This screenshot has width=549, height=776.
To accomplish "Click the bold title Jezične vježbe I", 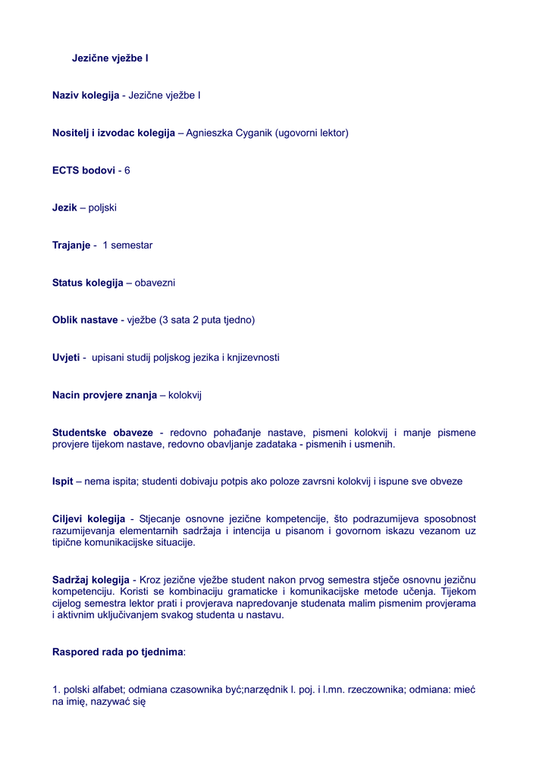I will (x=110, y=58).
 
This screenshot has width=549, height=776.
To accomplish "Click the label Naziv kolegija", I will (x=86, y=95).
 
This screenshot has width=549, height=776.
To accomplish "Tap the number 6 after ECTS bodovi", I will (x=127, y=171).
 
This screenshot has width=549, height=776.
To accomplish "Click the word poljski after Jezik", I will (x=102, y=208).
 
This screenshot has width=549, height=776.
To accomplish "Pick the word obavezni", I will (x=155, y=283).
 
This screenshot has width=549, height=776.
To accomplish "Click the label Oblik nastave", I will (x=85, y=320).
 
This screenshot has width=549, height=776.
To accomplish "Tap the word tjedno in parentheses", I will (x=237, y=320).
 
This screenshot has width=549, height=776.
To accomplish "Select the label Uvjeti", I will (x=66, y=358).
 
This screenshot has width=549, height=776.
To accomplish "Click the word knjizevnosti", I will (x=253, y=358).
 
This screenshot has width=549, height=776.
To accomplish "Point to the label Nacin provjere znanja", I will (x=105, y=395).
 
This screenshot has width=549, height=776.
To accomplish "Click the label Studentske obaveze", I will (x=102, y=433).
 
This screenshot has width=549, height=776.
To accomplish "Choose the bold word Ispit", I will (x=62, y=481).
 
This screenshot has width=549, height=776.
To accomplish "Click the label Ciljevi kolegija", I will (x=89, y=519).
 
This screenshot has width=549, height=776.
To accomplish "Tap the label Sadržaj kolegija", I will (x=91, y=580).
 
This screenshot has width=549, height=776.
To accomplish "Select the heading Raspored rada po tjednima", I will (x=118, y=652).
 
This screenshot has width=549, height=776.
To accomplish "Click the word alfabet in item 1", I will (x=108, y=690).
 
